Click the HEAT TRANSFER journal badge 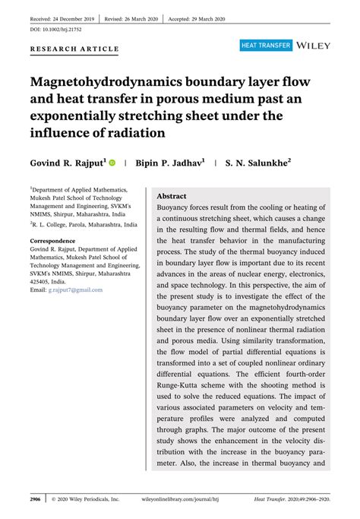266,46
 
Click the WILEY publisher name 314,46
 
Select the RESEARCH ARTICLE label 74,49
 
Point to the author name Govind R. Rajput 67,163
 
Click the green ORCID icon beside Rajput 113,163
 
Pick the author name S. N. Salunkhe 257,163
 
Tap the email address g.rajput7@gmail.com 75,290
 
